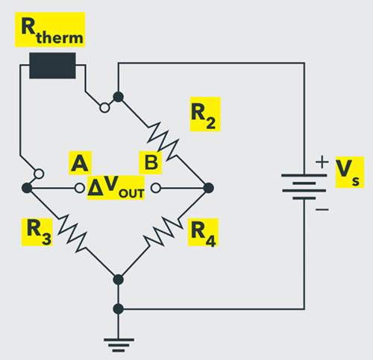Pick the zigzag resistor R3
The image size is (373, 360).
pos(72,232)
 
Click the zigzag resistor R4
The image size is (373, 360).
pos(163,232)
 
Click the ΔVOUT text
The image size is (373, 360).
pos(116,187)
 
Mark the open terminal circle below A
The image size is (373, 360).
pos(76,187)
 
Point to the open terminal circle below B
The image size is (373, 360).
pos(156,187)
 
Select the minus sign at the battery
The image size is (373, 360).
pos(322,211)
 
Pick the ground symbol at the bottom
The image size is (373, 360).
pos(117,341)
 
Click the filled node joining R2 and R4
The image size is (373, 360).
pos(208,187)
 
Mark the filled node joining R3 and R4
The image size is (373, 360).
pos(117,280)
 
